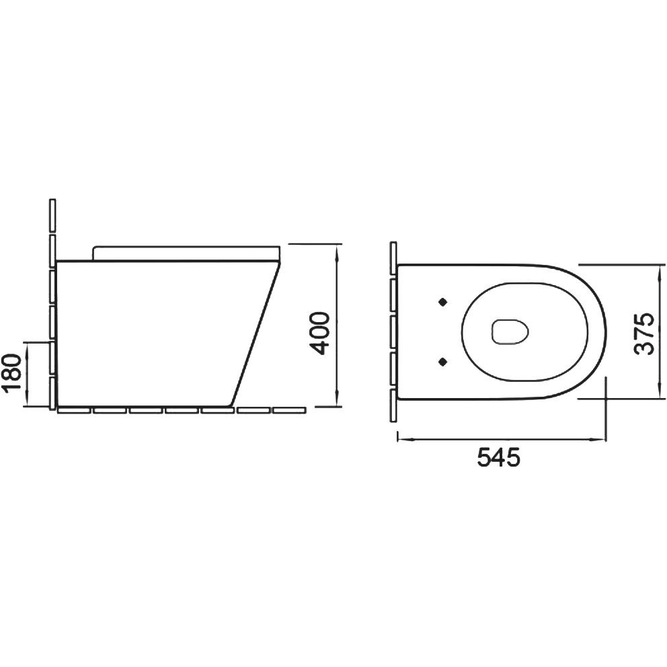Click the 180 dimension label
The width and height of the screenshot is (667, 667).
click(x=11, y=373)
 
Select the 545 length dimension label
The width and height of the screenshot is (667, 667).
click(x=498, y=458)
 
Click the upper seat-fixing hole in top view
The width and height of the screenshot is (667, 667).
click(x=443, y=302)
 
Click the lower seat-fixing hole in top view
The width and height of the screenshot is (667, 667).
click(x=443, y=362)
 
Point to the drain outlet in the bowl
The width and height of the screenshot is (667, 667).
click(x=510, y=331)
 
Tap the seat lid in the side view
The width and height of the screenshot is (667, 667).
click(x=186, y=252)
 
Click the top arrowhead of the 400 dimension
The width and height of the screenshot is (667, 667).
click(x=337, y=251)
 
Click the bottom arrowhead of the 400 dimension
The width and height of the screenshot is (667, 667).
click(x=337, y=400)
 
